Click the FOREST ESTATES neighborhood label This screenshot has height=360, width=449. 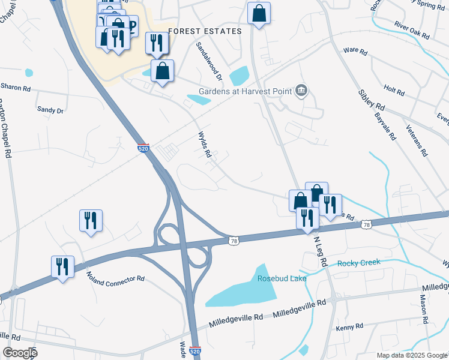point(205,31)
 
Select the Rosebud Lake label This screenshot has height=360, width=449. point(282,278)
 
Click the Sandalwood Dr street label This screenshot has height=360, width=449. point(209,61)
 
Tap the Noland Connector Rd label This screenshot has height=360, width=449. point(116,277)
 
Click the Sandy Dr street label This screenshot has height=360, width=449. point(50,110)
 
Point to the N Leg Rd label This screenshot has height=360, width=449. point(321,250)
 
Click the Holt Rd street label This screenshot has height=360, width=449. point(394,90)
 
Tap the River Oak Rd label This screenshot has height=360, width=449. point(412,31)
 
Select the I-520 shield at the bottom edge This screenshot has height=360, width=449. point(194,350)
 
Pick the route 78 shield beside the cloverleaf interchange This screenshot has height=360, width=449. point(234,241)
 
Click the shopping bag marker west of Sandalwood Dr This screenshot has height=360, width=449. point(162,71)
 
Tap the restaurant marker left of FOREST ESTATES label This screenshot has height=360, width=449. point(156,43)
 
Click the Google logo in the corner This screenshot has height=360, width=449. point(20,352)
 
